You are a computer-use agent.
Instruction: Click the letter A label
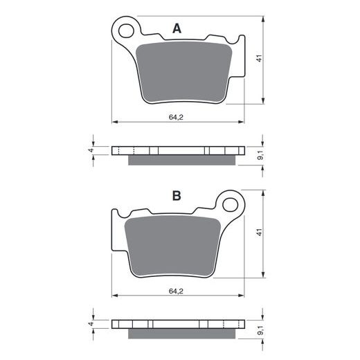tap(177, 28)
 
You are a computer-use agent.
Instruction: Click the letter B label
tap(177, 196)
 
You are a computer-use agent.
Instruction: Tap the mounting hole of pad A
tap(126, 30)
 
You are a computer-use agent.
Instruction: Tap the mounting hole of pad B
tap(230, 204)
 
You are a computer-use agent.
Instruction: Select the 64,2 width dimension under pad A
tap(176, 117)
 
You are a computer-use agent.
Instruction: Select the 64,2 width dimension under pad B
tap(176, 291)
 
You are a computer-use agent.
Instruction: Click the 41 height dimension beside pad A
tap(260, 58)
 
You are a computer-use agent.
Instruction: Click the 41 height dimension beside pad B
tap(260, 232)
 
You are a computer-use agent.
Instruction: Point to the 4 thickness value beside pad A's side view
tap(91, 150)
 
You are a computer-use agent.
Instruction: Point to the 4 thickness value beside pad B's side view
tap(91, 324)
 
